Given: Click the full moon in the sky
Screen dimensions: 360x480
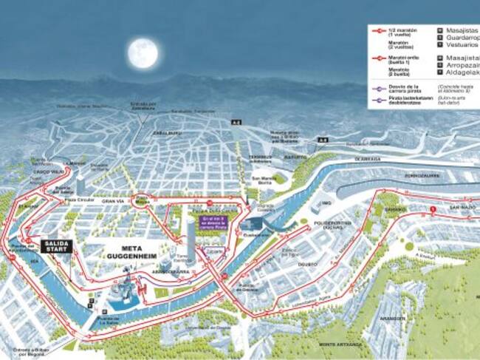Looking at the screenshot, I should (x=143, y=54).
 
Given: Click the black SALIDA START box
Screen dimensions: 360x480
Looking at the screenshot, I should (x=56, y=245).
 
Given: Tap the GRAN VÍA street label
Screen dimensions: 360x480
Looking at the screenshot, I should (x=113, y=200).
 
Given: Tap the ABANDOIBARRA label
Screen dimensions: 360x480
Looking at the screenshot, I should (x=171, y=271).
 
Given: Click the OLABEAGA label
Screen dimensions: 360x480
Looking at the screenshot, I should (x=366, y=157).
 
